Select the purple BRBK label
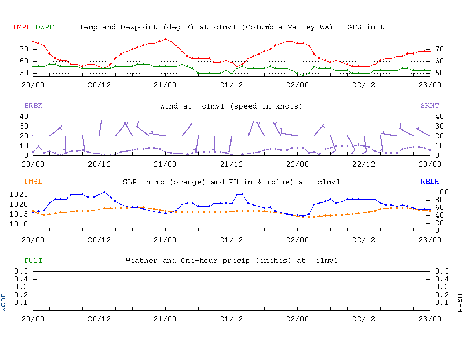point(33,106)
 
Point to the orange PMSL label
point(33,182)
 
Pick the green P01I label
point(33,261)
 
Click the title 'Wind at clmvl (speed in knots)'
point(231,106)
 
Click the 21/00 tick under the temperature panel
point(165,85)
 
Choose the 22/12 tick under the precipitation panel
point(364,318)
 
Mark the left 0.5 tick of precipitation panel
point(22,271)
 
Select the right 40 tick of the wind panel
point(439,116)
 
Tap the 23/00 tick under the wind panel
point(430,164)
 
